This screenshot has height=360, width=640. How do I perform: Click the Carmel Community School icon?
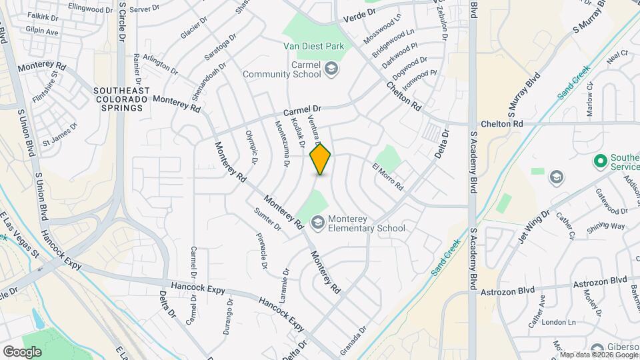(x=330, y=69)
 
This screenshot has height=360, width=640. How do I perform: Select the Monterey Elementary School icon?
(x=317, y=222)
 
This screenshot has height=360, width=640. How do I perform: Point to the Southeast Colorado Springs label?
(x=119, y=99)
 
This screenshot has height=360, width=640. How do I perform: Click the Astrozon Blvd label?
(x=508, y=291)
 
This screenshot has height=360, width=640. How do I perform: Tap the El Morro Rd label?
(x=388, y=177)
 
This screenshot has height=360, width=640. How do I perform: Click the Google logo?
(x=22, y=351)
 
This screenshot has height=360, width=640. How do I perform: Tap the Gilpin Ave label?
(x=43, y=32)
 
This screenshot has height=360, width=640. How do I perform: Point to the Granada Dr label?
(x=354, y=339)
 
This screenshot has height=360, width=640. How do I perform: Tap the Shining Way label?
(x=606, y=226)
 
